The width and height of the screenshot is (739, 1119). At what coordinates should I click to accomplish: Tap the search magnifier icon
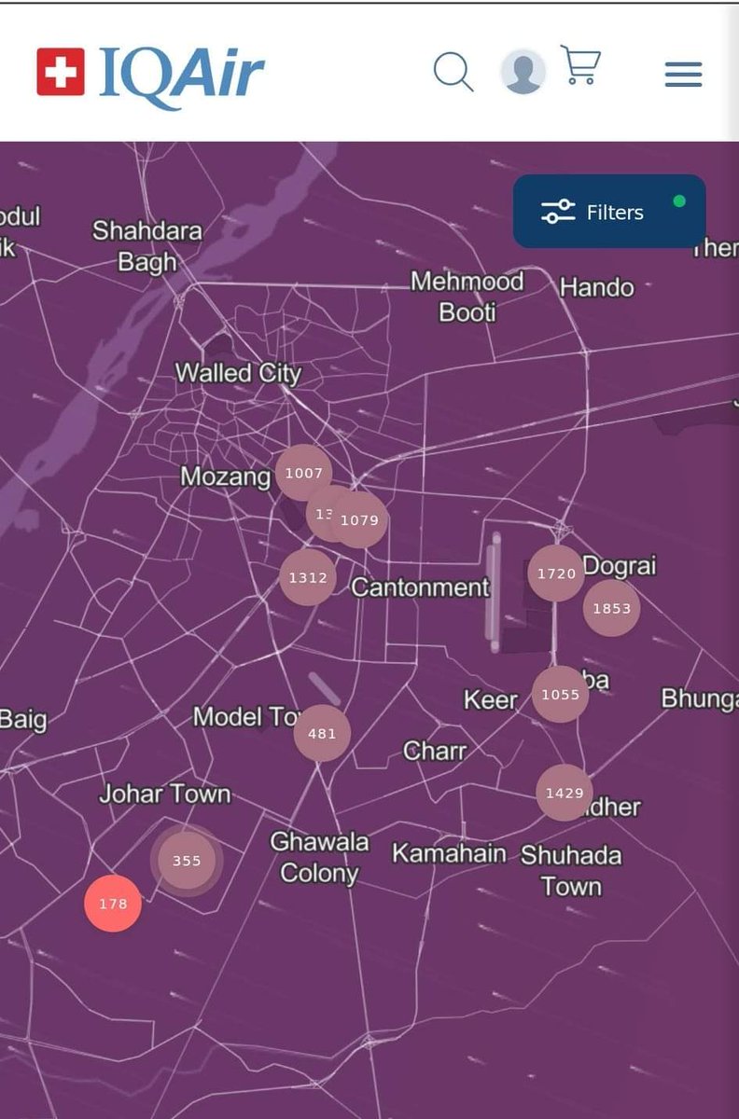tap(453, 72)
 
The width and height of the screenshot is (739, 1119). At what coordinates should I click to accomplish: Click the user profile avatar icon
tap(523, 72)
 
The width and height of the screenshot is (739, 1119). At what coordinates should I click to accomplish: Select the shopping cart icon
tap(580, 65)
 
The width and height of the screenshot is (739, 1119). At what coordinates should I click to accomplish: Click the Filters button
tap(609, 212)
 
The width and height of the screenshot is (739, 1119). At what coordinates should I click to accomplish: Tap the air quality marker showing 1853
tap(611, 608)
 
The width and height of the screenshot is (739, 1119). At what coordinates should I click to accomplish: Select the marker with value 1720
tap(556, 573)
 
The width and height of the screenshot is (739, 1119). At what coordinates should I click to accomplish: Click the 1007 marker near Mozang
tap(303, 474)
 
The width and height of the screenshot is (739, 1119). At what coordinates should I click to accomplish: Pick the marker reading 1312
tap(307, 577)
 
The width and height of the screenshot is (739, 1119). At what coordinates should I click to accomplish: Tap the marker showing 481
tap(322, 733)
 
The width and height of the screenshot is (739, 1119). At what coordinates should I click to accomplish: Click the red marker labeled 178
tap(113, 904)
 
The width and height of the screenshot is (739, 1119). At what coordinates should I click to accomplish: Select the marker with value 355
tap(187, 861)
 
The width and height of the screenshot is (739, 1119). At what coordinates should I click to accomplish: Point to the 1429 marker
tap(565, 793)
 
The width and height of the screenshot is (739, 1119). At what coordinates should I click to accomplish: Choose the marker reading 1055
tap(560, 694)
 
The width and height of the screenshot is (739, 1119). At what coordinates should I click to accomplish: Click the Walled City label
tap(238, 374)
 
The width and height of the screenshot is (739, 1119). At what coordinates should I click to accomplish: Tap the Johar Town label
tap(165, 794)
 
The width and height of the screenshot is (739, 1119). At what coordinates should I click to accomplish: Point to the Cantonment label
tap(420, 587)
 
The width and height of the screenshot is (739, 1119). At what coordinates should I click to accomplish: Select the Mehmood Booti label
tap(467, 296)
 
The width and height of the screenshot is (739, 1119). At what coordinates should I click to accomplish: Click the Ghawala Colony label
tap(319, 858)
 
